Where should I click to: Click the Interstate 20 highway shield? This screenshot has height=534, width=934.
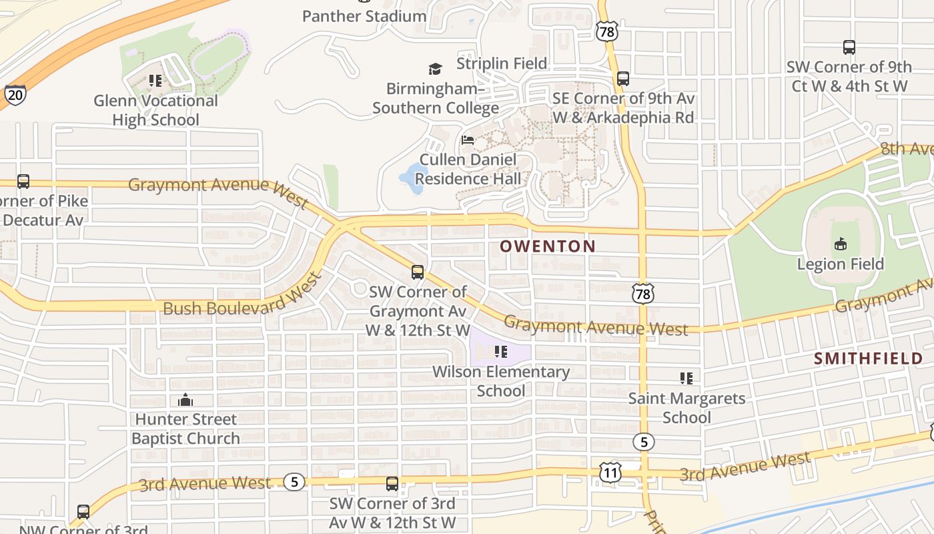point(15,95)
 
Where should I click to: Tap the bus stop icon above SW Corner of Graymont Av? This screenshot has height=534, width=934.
point(418,272)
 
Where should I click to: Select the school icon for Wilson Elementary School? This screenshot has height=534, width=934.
point(500,351)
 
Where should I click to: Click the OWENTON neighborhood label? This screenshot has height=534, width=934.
point(548,246)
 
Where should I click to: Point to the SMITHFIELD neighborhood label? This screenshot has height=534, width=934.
point(868,358)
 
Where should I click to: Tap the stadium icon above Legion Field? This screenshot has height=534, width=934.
point(841,244)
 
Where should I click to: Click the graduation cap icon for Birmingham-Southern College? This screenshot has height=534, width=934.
point(435,69)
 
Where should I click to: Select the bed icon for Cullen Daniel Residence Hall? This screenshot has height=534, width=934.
point(468,140)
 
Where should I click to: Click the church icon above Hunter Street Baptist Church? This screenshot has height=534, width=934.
point(185,400)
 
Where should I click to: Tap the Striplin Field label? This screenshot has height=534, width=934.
point(502,63)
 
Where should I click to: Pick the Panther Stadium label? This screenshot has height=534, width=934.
point(364,16)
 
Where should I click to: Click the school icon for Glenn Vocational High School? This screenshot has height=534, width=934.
point(155,81)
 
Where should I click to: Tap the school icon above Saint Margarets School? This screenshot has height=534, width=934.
point(686,378)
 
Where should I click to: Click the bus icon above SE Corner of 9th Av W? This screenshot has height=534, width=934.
point(623,79)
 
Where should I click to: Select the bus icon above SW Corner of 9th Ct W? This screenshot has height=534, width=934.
point(849,47)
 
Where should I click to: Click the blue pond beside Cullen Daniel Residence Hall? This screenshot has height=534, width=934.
point(412,179)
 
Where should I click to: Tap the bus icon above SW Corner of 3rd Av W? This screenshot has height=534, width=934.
point(392,484)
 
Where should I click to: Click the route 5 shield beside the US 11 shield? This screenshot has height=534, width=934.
point(643,442)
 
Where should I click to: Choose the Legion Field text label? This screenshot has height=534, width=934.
point(840,264)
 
